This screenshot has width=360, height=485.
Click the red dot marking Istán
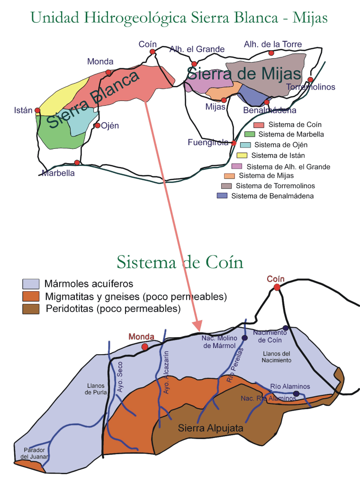pyautogui.click(x=37, y=111)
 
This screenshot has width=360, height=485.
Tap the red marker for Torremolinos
pyautogui.click(x=310, y=80)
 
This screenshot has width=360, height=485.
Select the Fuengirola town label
pyautogui.click(x=208, y=142)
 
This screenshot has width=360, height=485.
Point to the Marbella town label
pyautogui.click(x=58, y=173)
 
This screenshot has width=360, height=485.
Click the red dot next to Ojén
pyautogui.click(x=97, y=126)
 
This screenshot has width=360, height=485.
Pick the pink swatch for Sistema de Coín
pyautogui.click(x=259, y=125)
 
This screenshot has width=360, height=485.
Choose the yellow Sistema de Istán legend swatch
pyautogui.click(x=242, y=155)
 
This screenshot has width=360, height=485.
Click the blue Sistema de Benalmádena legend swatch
pyautogui.click(x=222, y=195)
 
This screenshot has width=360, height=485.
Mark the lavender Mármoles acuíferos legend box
pyautogui.click(x=31, y=284)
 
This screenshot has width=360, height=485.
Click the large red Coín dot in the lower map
pyautogui.click(x=277, y=287)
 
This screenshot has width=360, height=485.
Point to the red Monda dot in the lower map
pyautogui.click(x=145, y=347)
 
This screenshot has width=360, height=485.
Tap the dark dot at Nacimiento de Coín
pyautogui.click(x=286, y=328)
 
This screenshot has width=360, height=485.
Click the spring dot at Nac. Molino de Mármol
pyautogui.click(x=245, y=338)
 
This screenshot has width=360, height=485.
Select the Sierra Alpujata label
pyautogui.click(x=210, y=428)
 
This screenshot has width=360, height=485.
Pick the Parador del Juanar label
pyautogui.click(x=35, y=453)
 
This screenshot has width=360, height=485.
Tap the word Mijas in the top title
pyautogui.click(x=310, y=18)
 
